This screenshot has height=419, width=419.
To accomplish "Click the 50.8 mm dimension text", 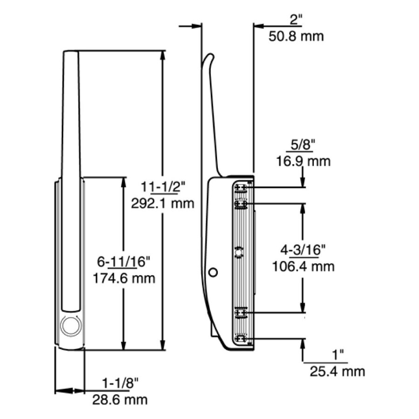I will pos(296,36).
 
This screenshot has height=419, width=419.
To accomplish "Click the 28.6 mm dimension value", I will pos(120,399).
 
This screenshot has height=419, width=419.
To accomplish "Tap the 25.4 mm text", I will pos(337,371).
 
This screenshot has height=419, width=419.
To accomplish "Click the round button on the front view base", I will pos(71,325).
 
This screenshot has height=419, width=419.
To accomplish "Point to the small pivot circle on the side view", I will pos(213,271).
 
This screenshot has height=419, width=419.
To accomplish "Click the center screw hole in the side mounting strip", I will pos(239,252).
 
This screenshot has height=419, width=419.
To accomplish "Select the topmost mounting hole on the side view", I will pos(241,187).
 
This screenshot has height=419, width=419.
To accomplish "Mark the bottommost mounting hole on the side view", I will pos(241,339).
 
